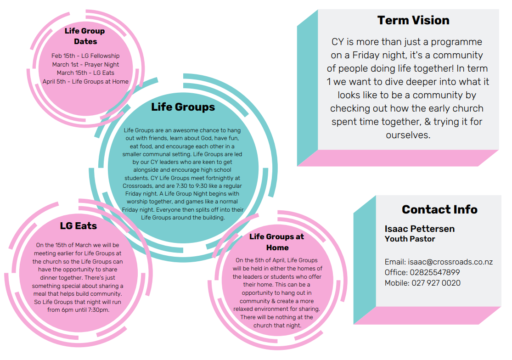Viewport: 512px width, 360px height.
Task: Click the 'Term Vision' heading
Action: coord(413,20)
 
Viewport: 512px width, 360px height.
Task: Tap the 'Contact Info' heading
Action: coord(439,209)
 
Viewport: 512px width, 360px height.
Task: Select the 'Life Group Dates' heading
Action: coord(85,36)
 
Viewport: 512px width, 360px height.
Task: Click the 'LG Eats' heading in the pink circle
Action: coord(79,225)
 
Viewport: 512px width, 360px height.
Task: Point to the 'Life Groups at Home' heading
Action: coord(277,242)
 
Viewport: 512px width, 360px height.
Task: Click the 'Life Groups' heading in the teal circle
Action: coord(183,107)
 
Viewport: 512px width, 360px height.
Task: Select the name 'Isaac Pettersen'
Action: coord(420,229)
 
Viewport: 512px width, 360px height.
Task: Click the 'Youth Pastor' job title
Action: coord(410,239)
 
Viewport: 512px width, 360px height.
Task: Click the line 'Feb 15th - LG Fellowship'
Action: coord(85,56)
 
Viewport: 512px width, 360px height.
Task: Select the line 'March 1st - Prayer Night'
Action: coord(85,65)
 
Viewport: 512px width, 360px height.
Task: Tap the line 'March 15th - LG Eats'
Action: coord(85,73)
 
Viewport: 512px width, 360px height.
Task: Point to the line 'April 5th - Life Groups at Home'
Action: coord(85,82)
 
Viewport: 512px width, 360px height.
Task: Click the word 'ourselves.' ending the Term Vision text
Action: coord(408,135)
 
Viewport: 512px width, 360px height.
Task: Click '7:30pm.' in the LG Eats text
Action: coord(98,310)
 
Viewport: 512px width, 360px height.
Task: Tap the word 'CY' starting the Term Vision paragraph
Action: coord(338,42)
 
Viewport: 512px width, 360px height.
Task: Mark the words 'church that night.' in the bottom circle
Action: coord(277,326)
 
